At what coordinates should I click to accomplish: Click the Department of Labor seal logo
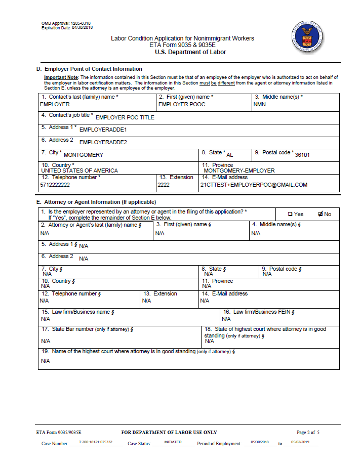pos(308,37)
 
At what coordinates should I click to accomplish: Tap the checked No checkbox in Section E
pos(321,214)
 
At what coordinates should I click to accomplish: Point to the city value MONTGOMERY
pos(84,155)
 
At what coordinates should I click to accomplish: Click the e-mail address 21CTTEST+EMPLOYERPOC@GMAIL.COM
pos(254,185)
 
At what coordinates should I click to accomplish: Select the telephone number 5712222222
pos(55,185)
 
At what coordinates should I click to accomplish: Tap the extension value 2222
pos(164,185)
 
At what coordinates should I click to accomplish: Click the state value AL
pos(230,155)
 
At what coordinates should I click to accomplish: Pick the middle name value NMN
pos(260,104)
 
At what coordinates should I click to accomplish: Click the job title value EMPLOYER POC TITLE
pos(125,117)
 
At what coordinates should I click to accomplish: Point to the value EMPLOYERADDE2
pos(103,142)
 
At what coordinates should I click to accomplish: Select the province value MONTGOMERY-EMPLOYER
pos(239,171)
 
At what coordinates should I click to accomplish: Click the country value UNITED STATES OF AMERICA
pos(79,171)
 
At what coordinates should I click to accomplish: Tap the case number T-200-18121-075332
pos(96,442)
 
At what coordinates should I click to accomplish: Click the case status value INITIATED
pos(173,442)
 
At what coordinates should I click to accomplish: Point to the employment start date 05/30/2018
pos(260,442)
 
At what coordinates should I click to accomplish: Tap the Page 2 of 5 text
pos(308,432)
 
